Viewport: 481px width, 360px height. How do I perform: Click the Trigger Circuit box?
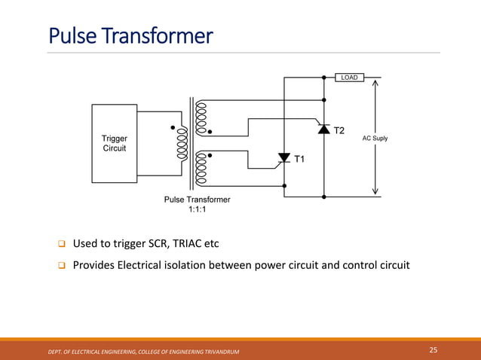pyautogui.click(x=115, y=143)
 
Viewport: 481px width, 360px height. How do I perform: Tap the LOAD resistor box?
pyautogui.click(x=350, y=77)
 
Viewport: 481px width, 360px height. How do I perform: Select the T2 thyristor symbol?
pyautogui.click(x=324, y=129)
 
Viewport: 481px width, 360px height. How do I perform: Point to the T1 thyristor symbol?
pyautogui.click(x=284, y=157)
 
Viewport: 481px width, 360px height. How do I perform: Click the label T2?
pyautogui.click(x=339, y=131)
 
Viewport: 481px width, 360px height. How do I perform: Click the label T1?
pyautogui.click(x=299, y=160)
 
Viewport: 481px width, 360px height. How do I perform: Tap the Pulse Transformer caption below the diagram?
pyautogui.click(x=197, y=200)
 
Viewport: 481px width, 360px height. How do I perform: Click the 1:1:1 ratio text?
pyautogui.click(x=197, y=209)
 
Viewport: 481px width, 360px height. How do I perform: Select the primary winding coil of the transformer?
pyautogui.click(x=181, y=143)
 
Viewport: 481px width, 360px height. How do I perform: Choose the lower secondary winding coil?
pyautogui.click(x=201, y=167)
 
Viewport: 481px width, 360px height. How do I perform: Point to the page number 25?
pyautogui.click(x=433, y=350)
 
